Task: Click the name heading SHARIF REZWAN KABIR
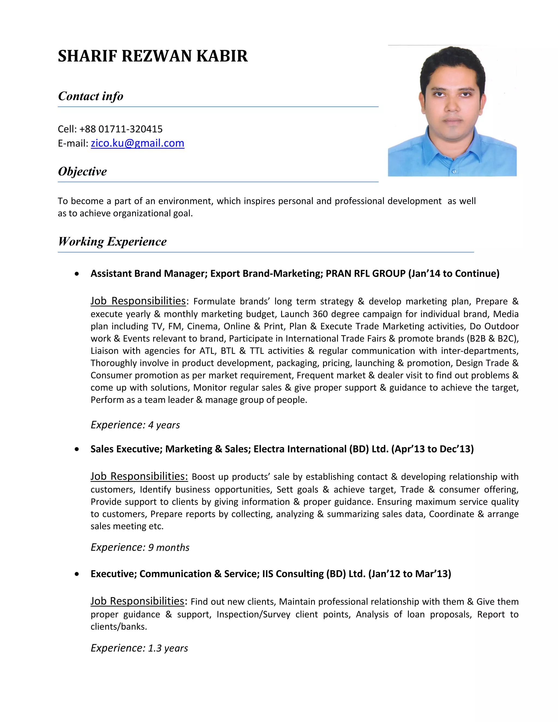coord(153,56)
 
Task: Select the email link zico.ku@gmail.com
coord(138,143)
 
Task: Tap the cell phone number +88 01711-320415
coord(121,129)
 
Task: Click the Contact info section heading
coord(90,96)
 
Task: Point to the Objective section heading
coord(82,171)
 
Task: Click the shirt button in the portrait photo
coord(454,171)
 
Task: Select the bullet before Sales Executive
coord(77,449)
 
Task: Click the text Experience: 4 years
coord(135,425)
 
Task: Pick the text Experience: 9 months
coord(140,547)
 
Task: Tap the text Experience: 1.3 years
coord(139,648)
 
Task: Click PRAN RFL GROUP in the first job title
coord(365,273)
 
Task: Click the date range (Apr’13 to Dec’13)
coord(432,449)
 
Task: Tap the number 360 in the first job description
coord(320,314)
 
